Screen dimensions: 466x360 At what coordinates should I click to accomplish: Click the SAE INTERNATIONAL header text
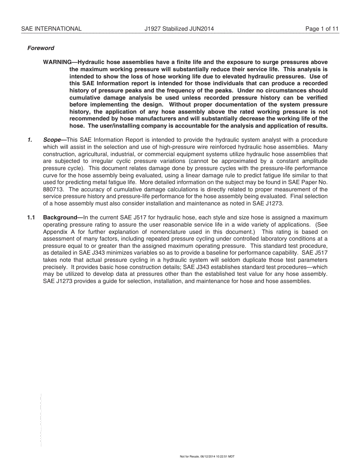pos(51,29)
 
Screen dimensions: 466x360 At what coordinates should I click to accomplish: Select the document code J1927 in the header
pos(153,29)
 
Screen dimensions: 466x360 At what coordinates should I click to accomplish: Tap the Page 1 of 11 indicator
pos(322,29)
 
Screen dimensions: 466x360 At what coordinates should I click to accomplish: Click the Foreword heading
pos(41,48)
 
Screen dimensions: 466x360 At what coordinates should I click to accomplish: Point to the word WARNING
pos(57,62)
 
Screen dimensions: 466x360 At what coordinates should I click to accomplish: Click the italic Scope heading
pos(52,140)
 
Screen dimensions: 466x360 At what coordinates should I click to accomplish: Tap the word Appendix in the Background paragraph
pos(55,232)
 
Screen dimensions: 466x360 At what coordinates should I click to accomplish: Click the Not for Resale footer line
pos(207,457)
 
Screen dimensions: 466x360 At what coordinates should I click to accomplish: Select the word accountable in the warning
pos(217,126)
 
